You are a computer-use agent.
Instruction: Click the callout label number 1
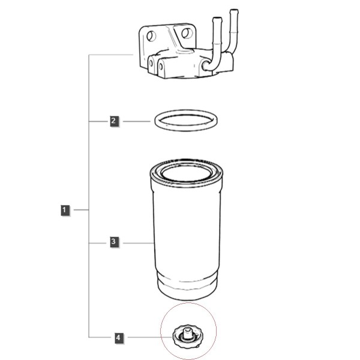coord(65,210)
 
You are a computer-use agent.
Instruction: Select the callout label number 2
coord(114,121)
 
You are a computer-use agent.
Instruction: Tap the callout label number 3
coord(114,242)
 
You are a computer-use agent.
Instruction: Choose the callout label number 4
coord(119,338)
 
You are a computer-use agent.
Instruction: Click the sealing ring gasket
coord(155,121)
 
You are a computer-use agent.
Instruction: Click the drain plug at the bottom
coord(188,337)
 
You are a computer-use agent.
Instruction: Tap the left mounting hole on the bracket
coord(151,36)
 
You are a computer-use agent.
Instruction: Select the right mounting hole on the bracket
coord(187,33)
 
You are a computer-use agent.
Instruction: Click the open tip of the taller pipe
coord(234,11)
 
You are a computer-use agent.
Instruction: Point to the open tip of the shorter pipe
coord(217,19)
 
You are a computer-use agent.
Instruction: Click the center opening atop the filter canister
coord(186,173)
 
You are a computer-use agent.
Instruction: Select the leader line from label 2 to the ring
coord(137,121)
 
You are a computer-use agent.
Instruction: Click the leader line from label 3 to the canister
coord(139,243)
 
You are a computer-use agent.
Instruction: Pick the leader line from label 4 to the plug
coord(150,337)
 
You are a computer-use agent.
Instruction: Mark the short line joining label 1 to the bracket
coord(81,210)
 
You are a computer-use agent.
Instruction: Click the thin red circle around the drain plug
coord(160,331)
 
